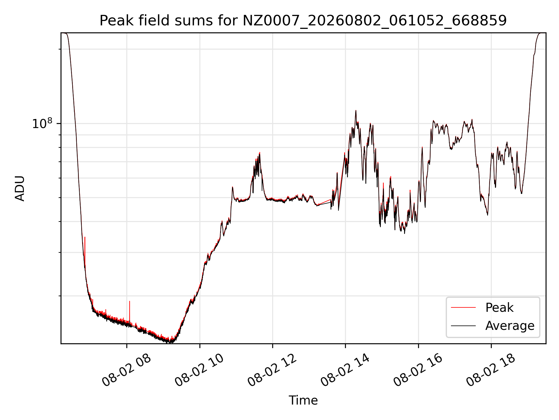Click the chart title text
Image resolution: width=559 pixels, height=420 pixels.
click(x=303, y=21)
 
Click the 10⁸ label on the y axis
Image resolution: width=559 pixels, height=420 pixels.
click(x=42, y=123)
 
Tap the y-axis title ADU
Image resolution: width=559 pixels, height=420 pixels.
click(x=20, y=188)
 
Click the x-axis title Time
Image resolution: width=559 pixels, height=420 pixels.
click(x=303, y=400)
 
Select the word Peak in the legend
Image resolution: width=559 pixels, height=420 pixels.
click(x=499, y=308)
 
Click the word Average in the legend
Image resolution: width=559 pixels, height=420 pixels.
click(x=510, y=326)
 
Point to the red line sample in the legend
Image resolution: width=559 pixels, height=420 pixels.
click(x=463, y=308)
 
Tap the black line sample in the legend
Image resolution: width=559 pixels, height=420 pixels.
click(x=463, y=326)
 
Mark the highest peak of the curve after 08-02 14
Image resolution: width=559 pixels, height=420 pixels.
click(x=356, y=111)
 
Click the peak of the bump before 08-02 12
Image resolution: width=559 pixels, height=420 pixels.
click(x=259, y=153)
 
